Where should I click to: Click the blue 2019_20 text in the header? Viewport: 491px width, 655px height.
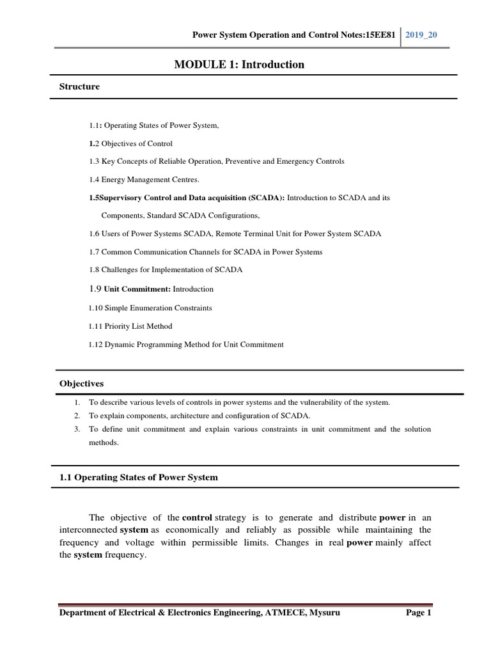pos(423,34)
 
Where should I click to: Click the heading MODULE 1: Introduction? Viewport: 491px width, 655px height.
pos(239,65)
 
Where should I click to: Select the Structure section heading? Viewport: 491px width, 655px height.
pos(80,86)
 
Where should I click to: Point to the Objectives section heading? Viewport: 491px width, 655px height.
pos(82,384)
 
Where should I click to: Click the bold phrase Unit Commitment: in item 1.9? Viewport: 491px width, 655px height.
pos(141,289)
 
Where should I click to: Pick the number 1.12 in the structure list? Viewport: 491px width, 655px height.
pos(95,345)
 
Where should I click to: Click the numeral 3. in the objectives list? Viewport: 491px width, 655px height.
pos(77,429)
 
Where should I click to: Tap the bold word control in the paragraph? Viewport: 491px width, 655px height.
pos(197,517)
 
